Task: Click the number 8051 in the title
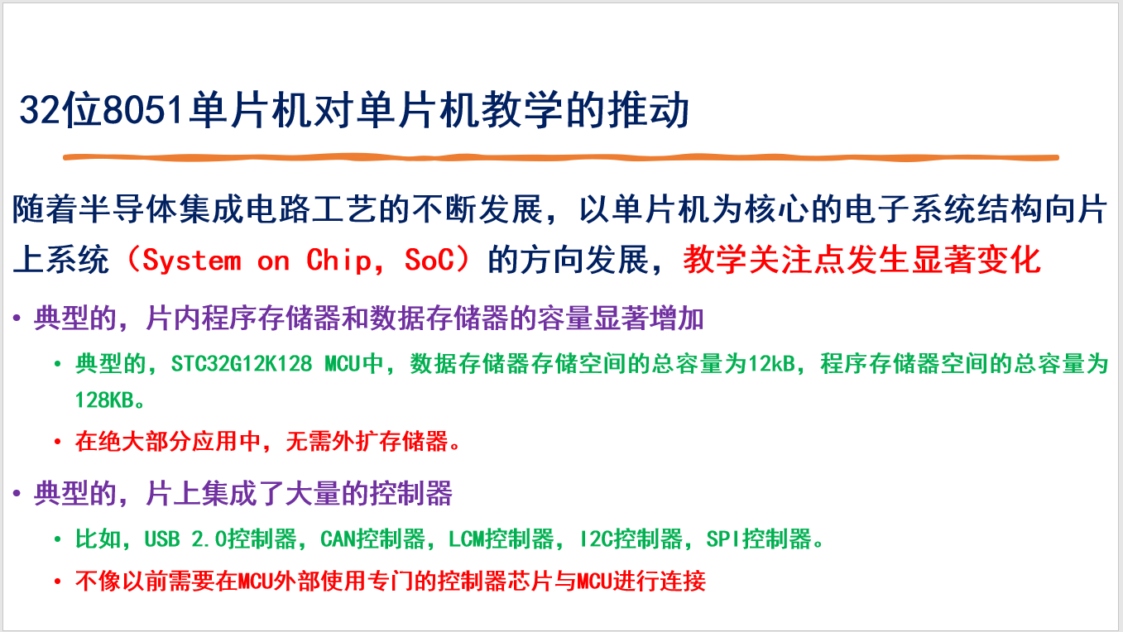[142, 110]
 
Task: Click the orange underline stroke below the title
[561, 157]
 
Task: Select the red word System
[192, 261]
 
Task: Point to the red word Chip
[339, 261]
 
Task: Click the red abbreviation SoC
[430, 260]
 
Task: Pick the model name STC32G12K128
[242, 363]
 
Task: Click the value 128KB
[104, 400]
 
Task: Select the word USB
[162, 539]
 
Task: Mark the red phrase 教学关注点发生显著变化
[862, 260]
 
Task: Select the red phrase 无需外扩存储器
[367, 442]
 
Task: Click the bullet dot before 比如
[58, 540]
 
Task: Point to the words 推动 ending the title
[649, 110]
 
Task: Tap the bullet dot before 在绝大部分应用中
[58, 442]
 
